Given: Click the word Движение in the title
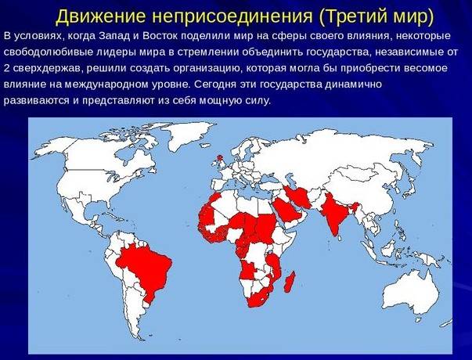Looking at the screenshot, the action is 101,16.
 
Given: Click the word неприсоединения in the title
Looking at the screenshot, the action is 232,16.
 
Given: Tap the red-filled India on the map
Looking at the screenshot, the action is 335,214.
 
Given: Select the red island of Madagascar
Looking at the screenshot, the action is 290,282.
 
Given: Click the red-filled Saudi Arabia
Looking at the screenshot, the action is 286,210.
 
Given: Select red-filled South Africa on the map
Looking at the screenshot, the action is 259,298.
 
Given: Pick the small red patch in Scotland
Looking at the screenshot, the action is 221,158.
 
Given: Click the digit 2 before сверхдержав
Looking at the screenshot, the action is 7,68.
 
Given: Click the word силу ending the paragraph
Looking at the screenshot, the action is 259,100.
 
